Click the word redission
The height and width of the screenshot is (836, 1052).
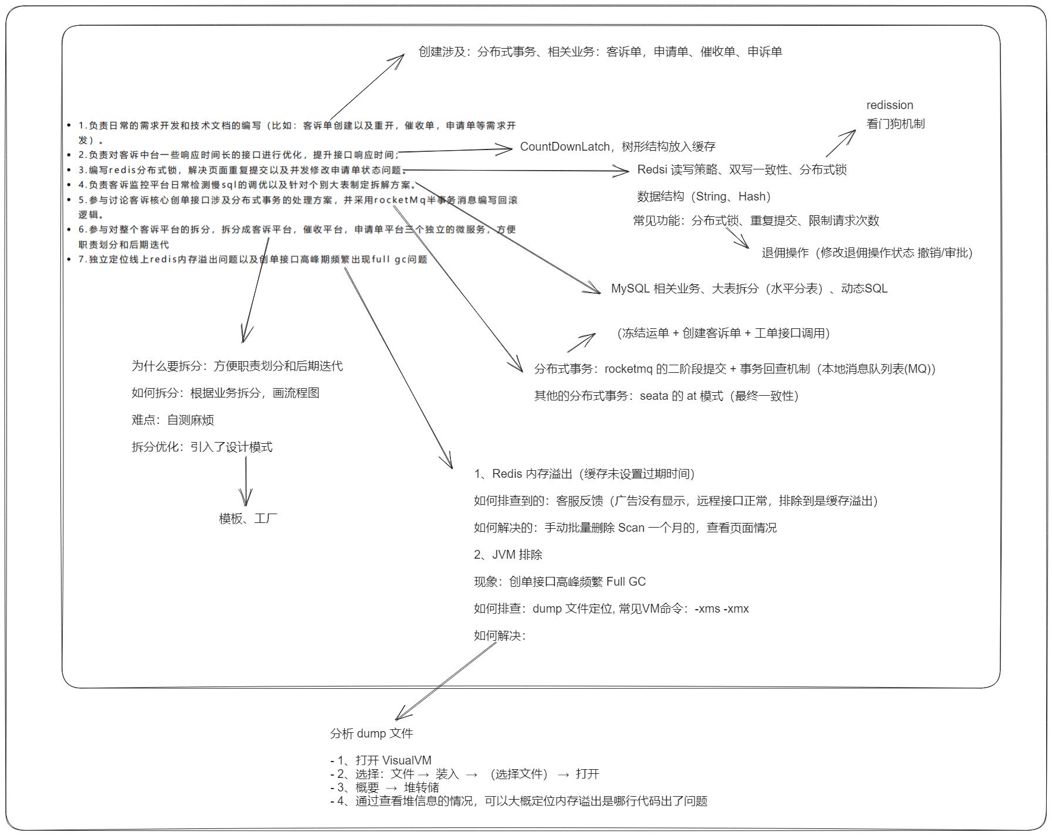tap(890, 105)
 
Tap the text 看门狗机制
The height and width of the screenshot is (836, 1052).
tap(895, 124)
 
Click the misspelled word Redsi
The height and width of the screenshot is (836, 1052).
tap(652, 169)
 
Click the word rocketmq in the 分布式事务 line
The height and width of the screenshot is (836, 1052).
tap(628, 369)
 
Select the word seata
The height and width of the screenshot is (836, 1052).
tap(654, 396)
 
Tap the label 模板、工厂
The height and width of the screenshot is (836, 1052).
tap(248, 518)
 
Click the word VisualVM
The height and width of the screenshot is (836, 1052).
tap(406, 760)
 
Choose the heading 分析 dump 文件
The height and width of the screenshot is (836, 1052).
tap(371, 733)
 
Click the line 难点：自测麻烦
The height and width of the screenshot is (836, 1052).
tap(173, 420)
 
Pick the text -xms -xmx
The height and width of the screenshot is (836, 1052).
tap(721, 609)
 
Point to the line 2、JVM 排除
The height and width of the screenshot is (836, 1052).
tap(508, 555)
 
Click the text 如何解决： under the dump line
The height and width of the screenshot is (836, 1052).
tap(500, 636)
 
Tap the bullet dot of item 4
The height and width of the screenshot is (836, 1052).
tap(69, 185)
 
